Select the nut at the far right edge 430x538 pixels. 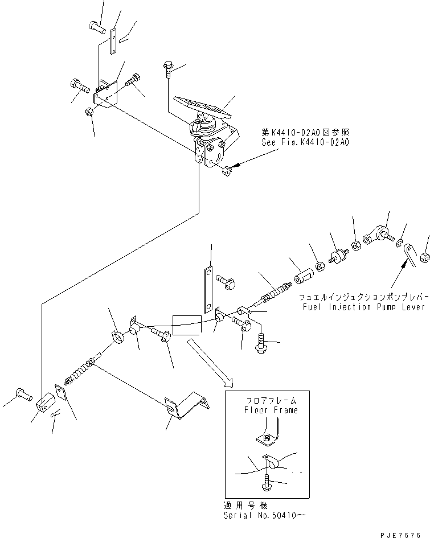425,258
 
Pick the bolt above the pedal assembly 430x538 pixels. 167,69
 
